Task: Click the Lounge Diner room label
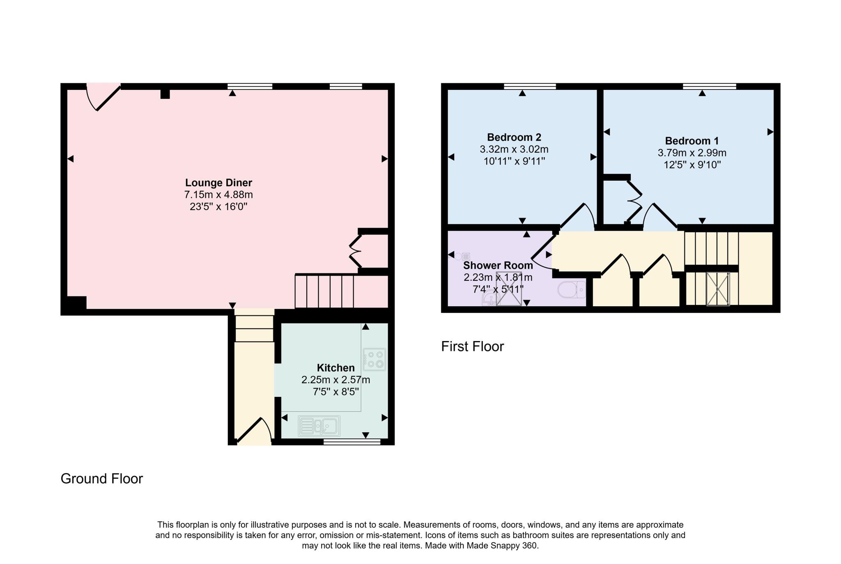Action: pyautogui.click(x=218, y=183)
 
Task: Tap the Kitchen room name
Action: pyautogui.click(x=335, y=368)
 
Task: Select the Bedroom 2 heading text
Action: pyautogui.click(x=514, y=137)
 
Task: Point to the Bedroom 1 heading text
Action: pyautogui.click(x=692, y=141)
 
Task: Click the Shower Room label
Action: pyautogui.click(x=498, y=266)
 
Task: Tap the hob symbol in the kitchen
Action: pyautogui.click(x=374, y=359)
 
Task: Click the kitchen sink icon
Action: pyautogui.click(x=319, y=426)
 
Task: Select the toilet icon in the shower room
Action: pyautogui.click(x=572, y=289)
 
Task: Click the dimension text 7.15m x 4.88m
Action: pyautogui.click(x=218, y=195)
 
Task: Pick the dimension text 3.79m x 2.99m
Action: pyautogui.click(x=692, y=153)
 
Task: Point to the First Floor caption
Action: pyautogui.click(x=472, y=346)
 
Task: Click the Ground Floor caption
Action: pyautogui.click(x=101, y=479)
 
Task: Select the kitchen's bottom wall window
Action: pyautogui.click(x=352, y=442)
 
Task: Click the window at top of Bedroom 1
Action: pyautogui.click(x=709, y=86)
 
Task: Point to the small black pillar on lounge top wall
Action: pyautogui.click(x=165, y=94)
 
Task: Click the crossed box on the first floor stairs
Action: pyautogui.click(x=718, y=289)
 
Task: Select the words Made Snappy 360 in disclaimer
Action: pyautogui.click(x=502, y=546)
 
